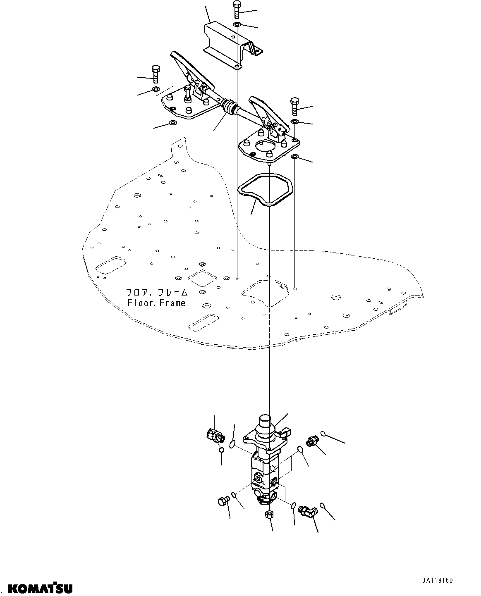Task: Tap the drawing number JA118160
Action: tap(437, 581)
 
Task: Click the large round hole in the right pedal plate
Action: tap(264, 145)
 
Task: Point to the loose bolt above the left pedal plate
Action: tap(156, 74)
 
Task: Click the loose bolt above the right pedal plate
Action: tap(294, 106)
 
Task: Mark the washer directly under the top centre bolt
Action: tap(237, 26)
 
